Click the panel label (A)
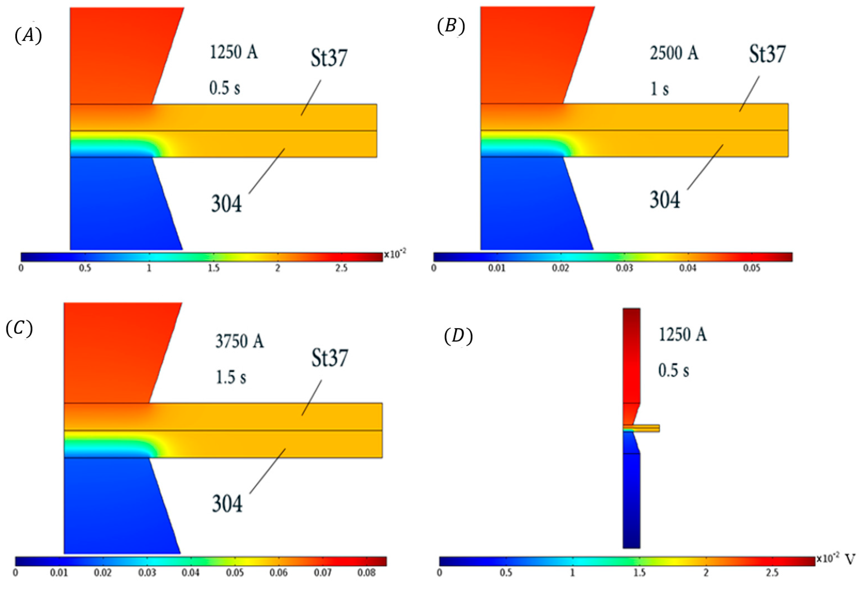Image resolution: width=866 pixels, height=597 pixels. [28, 36]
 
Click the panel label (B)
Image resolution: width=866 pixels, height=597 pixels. [451, 27]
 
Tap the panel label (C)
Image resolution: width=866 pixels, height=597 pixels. [19, 328]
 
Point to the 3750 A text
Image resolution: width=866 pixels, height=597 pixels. [239, 341]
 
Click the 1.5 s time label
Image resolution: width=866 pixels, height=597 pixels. [231, 377]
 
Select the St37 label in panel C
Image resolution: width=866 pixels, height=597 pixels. [330, 358]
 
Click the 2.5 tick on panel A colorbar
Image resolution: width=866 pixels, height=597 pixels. [341, 268]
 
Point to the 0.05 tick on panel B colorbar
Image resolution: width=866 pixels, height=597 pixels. [752, 268]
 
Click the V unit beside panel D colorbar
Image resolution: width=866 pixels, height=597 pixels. [850, 559]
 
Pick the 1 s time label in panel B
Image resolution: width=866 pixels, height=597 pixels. [659, 89]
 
